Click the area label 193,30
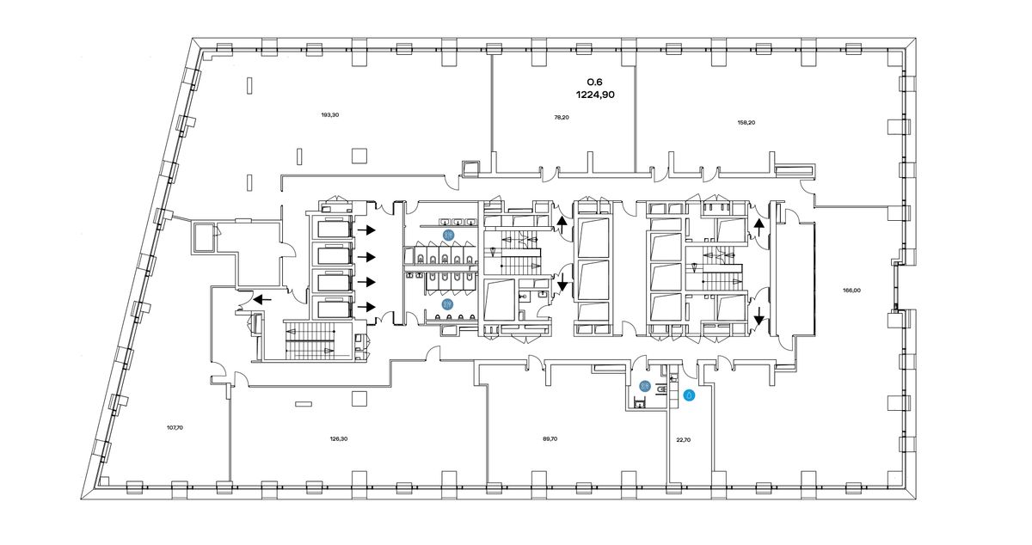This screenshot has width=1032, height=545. (330, 114)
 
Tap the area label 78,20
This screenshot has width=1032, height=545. (561, 118)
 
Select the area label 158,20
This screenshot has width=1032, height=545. (746, 123)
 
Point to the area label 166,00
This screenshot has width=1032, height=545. (851, 291)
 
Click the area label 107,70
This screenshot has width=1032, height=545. (175, 427)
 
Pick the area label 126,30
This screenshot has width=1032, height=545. (339, 438)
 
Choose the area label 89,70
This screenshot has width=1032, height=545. (550, 438)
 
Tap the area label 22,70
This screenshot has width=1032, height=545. (683, 439)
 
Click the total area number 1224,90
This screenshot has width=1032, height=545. (595, 95)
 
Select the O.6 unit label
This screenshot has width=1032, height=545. (594, 82)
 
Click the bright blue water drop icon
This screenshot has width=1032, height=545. (689, 395)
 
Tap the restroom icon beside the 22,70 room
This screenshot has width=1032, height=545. (645, 386)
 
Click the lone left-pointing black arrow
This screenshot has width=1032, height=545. (262, 300)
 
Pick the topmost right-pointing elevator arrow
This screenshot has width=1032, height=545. (367, 230)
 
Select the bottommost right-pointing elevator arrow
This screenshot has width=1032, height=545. (367, 306)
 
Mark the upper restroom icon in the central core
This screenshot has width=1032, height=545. (449, 235)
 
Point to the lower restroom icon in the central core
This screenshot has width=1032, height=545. (447, 304)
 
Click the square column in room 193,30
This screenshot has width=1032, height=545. (359, 156)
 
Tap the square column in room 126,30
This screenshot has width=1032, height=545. (359, 399)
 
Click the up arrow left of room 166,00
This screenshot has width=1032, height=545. (759, 228)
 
